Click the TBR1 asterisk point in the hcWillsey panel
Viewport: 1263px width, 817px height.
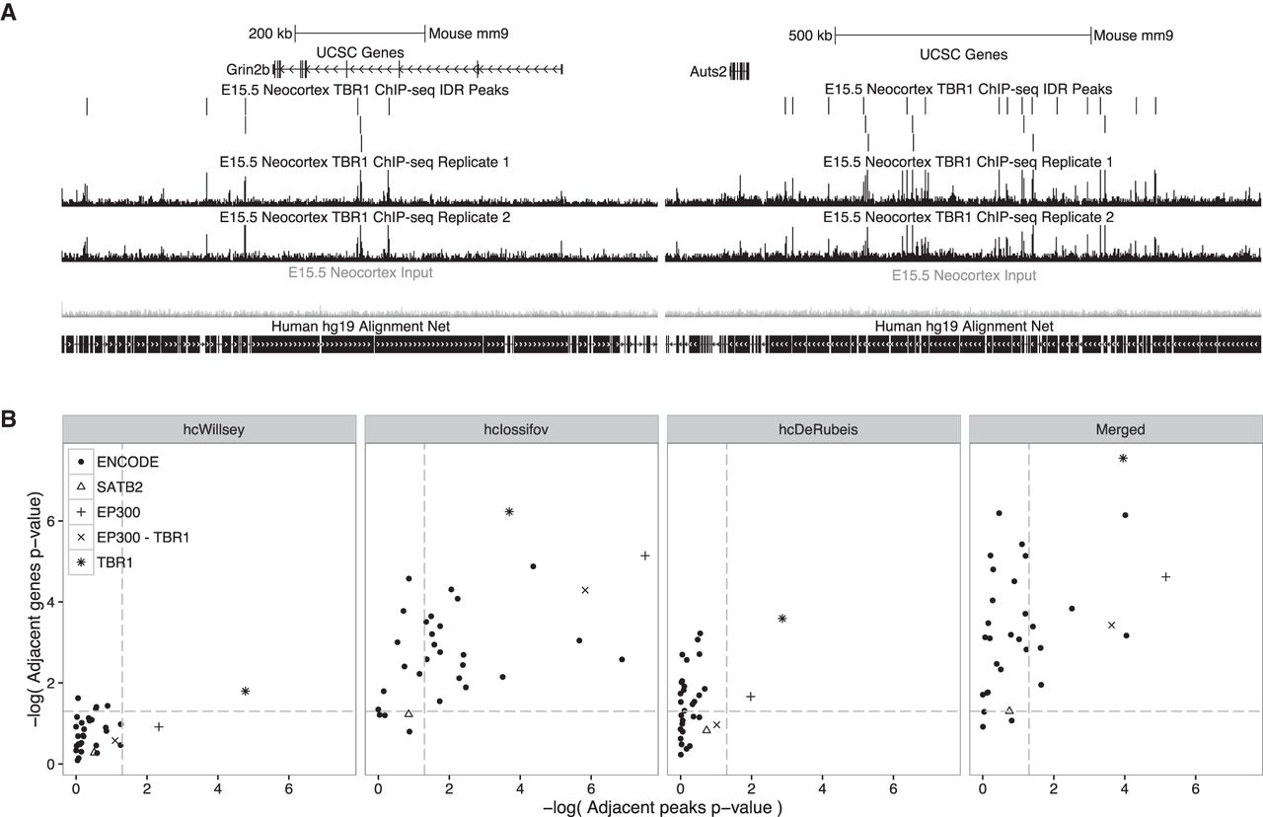(x=246, y=692)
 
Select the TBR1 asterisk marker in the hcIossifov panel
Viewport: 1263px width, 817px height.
(x=509, y=512)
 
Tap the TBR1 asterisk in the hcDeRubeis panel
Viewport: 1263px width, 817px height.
(x=782, y=619)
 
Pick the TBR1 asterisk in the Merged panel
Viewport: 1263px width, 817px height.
(x=1123, y=459)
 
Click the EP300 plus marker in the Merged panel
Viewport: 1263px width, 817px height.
(x=1166, y=577)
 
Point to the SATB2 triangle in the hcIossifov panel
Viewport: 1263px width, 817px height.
(x=409, y=713)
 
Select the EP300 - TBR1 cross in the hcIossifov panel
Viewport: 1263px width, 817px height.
(x=585, y=590)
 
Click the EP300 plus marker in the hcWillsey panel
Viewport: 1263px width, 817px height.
(x=159, y=727)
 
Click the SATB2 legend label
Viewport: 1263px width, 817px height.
(x=119, y=487)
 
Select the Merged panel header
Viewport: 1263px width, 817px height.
(x=1120, y=429)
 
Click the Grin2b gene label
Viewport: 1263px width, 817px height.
(x=248, y=69)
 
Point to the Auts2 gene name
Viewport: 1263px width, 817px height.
(x=708, y=72)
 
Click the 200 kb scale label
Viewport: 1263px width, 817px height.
(x=270, y=34)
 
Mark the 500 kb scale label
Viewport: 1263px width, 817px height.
(x=810, y=36)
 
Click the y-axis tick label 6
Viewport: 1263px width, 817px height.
(x=51, y=521)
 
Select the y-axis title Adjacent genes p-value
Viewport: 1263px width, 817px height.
(x=36, y=611)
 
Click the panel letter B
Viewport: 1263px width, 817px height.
(x=9, y=419)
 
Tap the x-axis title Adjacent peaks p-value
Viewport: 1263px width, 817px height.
(x=662, y=807)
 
